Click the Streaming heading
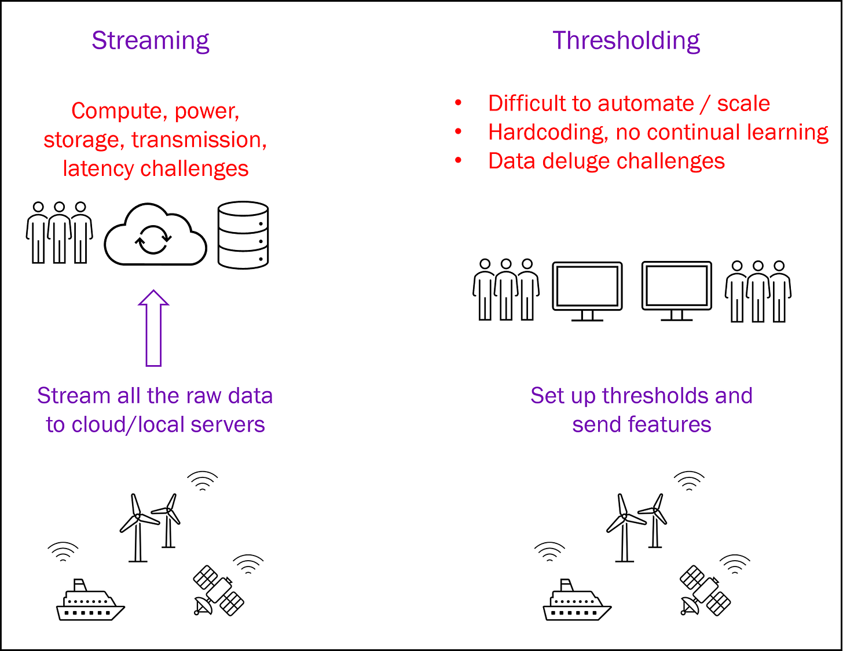tap(151, 41)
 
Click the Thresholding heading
tap(626, 41)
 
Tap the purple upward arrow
tap(153, 328)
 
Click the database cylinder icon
tap(243, 235)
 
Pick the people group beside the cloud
tap(59, 233)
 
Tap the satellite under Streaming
tap(218, 590)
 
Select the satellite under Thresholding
tap(705, 590)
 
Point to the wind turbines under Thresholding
tap(637, 527)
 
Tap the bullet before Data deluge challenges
tap(458, 161)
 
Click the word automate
tap(645, 103)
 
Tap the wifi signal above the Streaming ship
tap(63, 551)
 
